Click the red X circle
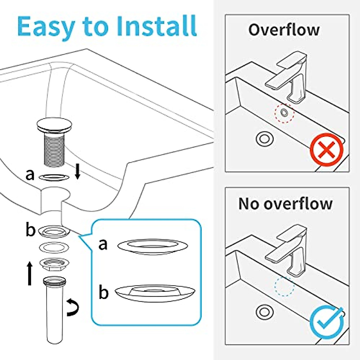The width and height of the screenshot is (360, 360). pos(326,150)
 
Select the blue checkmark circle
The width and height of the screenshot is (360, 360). pos(326,323)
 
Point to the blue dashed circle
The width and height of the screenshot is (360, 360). pos(284,286)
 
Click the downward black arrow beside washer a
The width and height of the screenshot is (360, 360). pos(77,173)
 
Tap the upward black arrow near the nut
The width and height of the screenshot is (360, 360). pos(29,273)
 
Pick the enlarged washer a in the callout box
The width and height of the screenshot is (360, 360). pos(152,247)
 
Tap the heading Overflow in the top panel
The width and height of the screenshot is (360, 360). pos(284,30)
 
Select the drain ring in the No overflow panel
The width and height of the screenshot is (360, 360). pos(264,312)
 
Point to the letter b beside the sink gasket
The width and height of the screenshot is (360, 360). pos(30,230)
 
